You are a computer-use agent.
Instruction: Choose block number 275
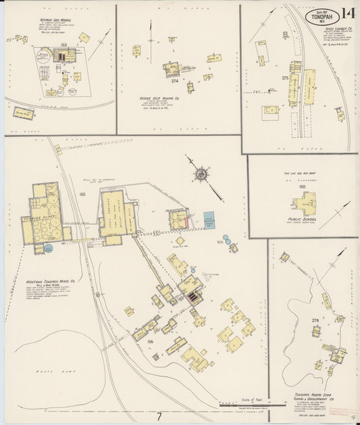284,78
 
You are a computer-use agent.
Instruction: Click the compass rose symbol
201,175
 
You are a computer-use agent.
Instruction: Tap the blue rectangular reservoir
210,220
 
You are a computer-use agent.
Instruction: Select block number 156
151,342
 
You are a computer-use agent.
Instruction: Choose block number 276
315,320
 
